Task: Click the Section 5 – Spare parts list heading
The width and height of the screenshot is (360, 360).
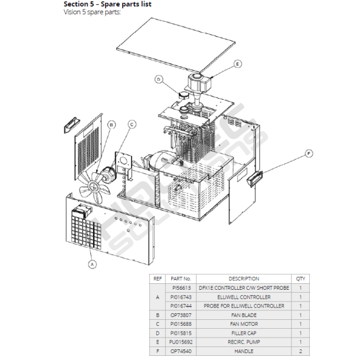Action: pos(107,4)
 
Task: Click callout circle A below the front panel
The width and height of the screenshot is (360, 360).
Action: pos(91,264)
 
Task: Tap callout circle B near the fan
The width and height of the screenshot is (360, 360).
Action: pos(112,124)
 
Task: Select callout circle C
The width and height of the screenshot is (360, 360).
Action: pos(132,124)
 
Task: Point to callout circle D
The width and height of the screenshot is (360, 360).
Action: pos(158,79)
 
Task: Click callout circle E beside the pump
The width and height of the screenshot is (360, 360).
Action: pos(237,63)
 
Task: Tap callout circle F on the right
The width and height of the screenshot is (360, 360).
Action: pos(308,153)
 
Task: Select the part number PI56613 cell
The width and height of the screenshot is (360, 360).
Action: pos(181,288)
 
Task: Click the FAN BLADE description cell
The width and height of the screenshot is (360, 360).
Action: pos(244,315)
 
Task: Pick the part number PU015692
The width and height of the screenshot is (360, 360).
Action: pos(181,342)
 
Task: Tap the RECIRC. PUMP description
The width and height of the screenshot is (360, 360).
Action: pos(244,342)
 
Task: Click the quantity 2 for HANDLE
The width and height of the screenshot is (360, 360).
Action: pos(300,351)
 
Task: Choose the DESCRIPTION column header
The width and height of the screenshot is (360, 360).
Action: pos(244,279)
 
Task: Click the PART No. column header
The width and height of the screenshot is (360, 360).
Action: pos(181,279)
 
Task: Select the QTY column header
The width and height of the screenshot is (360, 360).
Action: pos(300,279)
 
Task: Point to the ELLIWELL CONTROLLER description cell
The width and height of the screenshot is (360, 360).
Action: pos(244,297)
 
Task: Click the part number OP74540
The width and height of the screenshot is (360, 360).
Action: pos(181,351)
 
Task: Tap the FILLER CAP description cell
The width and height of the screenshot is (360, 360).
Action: pos(244,333)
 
